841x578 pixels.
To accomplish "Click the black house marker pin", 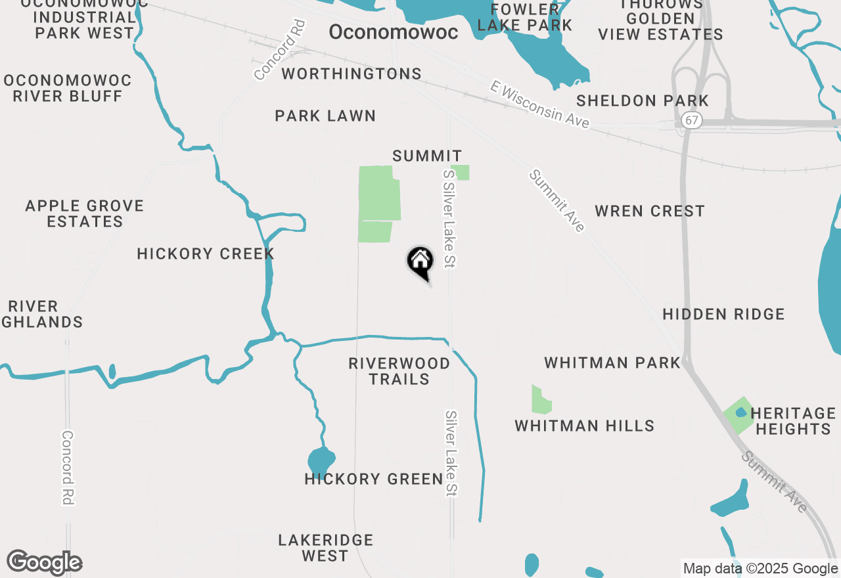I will click(x=420, y=262).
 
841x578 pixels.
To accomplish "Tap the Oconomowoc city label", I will click(x=393, y=32).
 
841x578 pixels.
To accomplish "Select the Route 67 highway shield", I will click(x=691, y=121).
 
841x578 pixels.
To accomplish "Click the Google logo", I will click(x=45, y=563).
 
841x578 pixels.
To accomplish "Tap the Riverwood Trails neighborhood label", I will click(x=399, y=371).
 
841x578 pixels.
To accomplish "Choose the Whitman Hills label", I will click(x=584, y=426).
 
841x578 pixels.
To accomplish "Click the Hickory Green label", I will click(x=374, y=479).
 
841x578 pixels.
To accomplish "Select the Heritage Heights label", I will click(x=793, y=421).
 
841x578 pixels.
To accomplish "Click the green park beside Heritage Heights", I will click(x=739, y=414).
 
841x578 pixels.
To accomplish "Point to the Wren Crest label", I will click(x=649, y=211).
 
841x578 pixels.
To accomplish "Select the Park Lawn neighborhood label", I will click(x=325, y=116).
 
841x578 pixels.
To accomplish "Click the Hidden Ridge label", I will click(x=723, y=314).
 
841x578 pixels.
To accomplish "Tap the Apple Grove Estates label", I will click(x=85, y=213).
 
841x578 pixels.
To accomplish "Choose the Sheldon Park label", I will click(x=643, y=100).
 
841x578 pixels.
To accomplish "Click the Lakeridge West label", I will click(x=325, y=548).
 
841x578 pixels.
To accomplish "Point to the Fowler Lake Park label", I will click(x=524, y=17).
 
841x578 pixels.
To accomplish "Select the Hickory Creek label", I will click(x=205, y=254).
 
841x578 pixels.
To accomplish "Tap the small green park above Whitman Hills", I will click(x=541, y=400).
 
